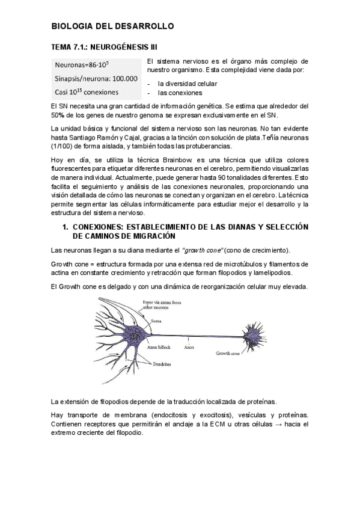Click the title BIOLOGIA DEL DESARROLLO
click(x=112, y=26)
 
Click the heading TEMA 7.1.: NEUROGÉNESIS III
click(x=106, y=46)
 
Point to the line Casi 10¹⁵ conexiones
click(x=87, y=92)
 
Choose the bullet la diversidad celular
click(x=188, y=84)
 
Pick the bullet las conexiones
click(x=180, y=93)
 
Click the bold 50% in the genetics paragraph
click(x=58, y=115)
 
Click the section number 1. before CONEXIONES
click(x=66, y=227)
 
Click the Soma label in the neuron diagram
click(x=156, y=321)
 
